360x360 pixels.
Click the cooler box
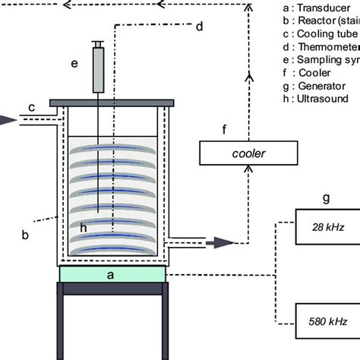click(242, 154)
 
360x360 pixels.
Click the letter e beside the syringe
click(74, 64)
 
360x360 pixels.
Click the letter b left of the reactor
click(25, 235)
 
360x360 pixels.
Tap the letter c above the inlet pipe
click(32, 107)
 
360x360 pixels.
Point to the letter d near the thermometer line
click(199, 27)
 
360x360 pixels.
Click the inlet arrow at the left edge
click(6, 119)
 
